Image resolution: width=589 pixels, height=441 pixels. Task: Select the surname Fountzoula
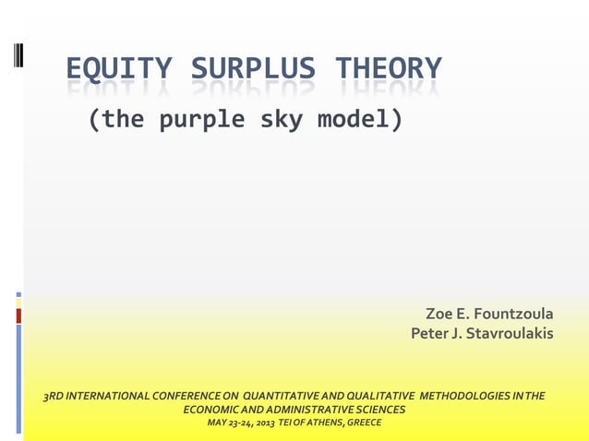pos(513,315)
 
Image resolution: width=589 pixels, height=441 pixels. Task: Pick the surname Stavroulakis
pos(509,332)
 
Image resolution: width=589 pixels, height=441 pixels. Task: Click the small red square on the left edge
pos(18,316)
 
